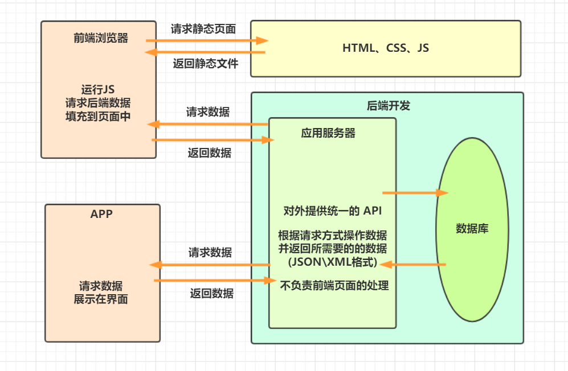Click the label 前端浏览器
click(101, 38)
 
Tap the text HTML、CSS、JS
click(386, 48)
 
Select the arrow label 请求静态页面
click(203, 29)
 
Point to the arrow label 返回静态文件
click(206, 64)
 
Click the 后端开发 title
click(389, 106)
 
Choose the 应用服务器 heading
click(328, 133)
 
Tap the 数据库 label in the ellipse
click(472, 229)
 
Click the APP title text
click(101, 214)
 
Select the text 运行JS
click(98, 89)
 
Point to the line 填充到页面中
click(98, 117)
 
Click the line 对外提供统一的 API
click(333, 211)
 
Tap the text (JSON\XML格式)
click(333, 262)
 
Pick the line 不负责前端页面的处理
click(334, 286)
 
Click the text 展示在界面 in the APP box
click(101, 299)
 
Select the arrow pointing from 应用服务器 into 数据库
click(415, 193)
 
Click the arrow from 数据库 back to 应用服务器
click(413, 265)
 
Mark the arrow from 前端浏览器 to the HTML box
click(207, 40)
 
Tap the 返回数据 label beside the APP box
click(212, 293)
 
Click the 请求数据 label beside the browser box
click(208, 112)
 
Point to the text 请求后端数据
click(98, 103)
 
